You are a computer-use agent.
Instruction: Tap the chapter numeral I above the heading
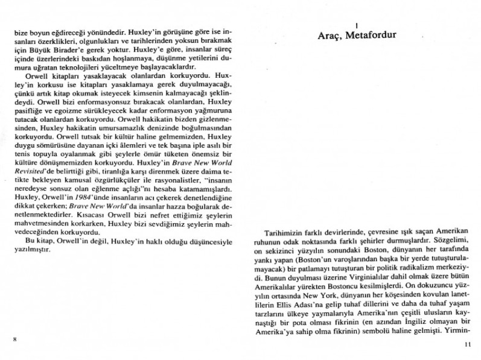click(357, 25)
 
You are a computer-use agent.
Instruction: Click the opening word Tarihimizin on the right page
click(285, 232)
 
